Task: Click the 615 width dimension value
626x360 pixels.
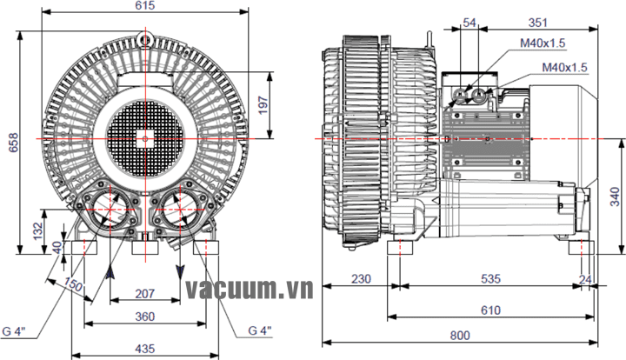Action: pos(145,6)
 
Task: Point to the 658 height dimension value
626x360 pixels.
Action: pos(12,145)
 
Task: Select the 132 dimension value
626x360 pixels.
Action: pos(37,231)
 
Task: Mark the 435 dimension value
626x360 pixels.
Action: pos(145,347)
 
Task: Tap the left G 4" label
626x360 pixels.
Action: pos(15,330)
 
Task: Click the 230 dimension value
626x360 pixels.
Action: pos(361,279)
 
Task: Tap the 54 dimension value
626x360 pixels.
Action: pos(470,23)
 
